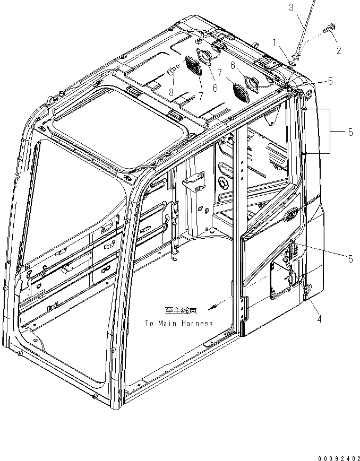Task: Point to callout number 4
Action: coord(319,319)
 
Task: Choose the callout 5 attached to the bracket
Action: coord(350,132)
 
